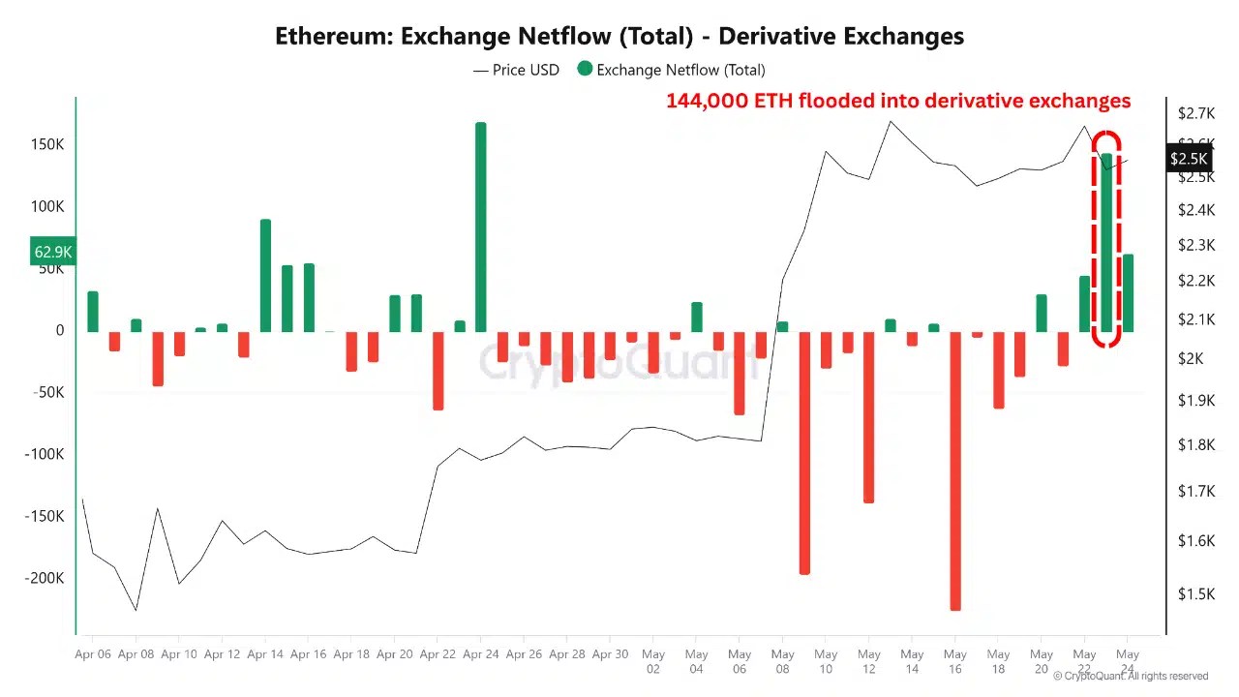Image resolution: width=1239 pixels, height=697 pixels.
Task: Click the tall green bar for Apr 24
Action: (x=480, y=227)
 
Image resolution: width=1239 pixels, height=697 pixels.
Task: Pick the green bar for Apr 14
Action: (x=265, y=276)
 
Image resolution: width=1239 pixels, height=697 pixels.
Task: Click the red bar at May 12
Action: (x=868, y=416)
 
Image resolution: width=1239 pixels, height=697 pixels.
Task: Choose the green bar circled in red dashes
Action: (x=1106, y=242)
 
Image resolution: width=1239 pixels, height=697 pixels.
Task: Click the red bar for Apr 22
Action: (x=438, y=371)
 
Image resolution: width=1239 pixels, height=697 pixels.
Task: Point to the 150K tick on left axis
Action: (x=46, y=144)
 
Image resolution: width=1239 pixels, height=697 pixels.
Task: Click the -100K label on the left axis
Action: (x=45, y=454)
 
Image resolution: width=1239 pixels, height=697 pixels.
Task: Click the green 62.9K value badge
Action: (x=53, y=253)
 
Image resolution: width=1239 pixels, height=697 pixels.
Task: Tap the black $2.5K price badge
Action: (x=1189, y=159)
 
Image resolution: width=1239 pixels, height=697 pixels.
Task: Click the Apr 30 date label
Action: (x=610, y=654)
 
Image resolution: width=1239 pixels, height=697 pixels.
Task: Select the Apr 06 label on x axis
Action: (x=93, y=654)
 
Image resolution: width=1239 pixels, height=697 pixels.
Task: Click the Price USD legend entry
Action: (x=516, y=70)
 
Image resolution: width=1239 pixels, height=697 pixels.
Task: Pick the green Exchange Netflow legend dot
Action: (x=585, y=69)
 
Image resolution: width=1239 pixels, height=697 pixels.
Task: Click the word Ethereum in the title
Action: (x=333, y=37)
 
